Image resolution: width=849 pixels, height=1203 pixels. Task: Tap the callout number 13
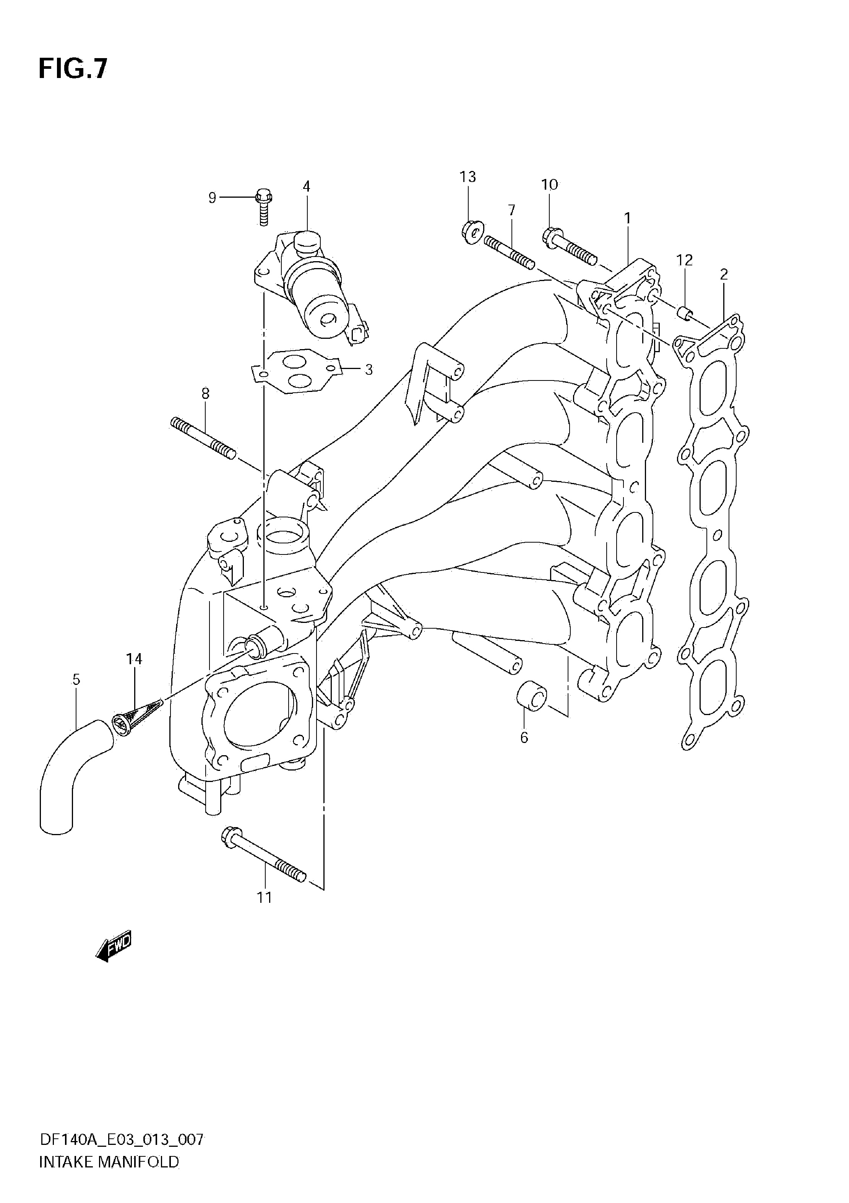[468, 177]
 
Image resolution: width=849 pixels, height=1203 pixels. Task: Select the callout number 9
[212, 198]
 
